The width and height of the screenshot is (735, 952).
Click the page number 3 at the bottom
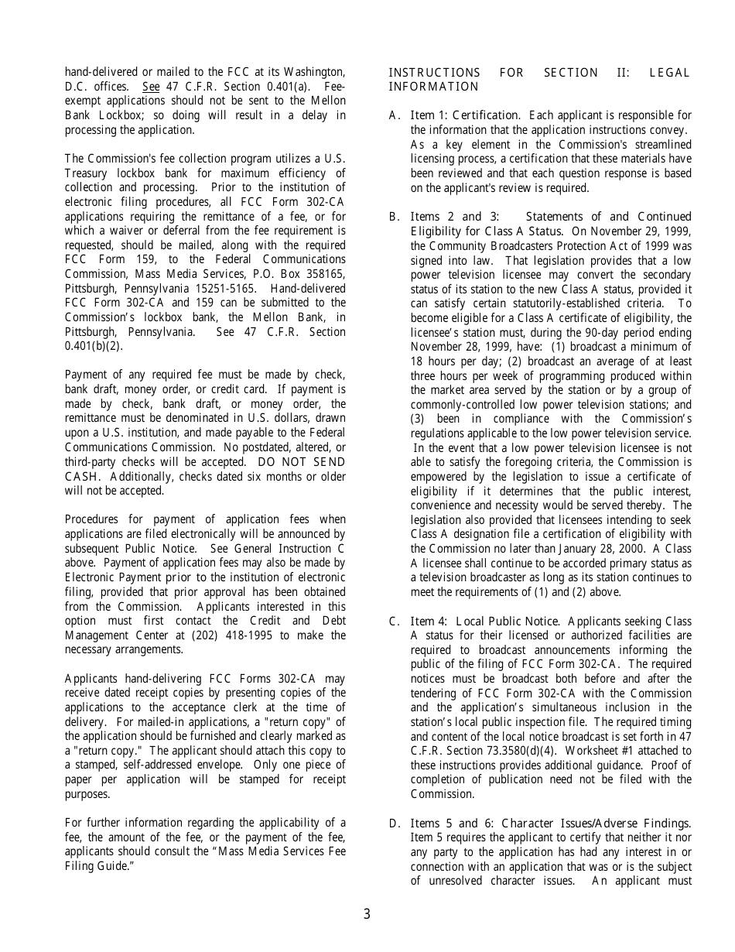tap(367, 915)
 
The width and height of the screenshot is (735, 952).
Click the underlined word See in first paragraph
tap(151, 87)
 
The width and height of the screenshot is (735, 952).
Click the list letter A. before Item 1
tap(395, 116)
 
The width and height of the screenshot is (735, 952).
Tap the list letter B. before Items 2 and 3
tap(395, 217)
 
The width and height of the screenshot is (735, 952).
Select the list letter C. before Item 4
tap(395, 622)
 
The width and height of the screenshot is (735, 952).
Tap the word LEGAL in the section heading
tap(670, 73)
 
